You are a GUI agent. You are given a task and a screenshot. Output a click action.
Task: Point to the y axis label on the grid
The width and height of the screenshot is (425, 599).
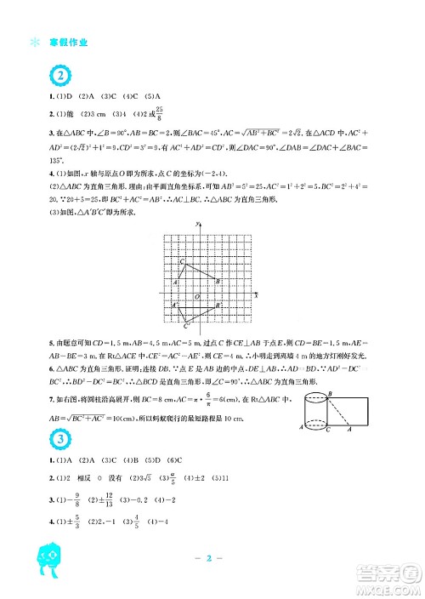point(197,223)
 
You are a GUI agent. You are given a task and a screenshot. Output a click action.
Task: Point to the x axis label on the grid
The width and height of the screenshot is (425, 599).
point(256,294)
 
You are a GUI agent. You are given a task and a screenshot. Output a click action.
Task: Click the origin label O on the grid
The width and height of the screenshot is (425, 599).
point(196,297)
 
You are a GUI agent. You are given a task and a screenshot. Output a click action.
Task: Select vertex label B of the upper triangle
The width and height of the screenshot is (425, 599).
point(218,280)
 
